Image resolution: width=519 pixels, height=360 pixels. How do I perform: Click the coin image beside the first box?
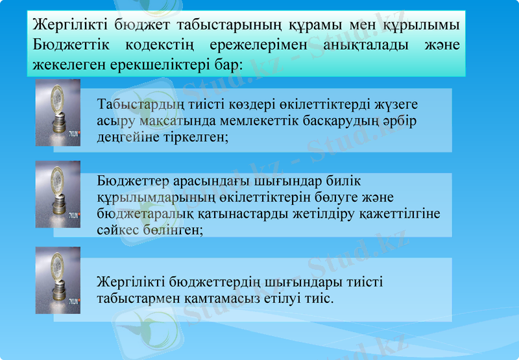tap(58, 112)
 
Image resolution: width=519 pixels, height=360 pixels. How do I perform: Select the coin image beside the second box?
tap(58, 194)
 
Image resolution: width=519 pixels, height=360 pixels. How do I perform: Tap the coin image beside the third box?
tap(58, 280)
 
